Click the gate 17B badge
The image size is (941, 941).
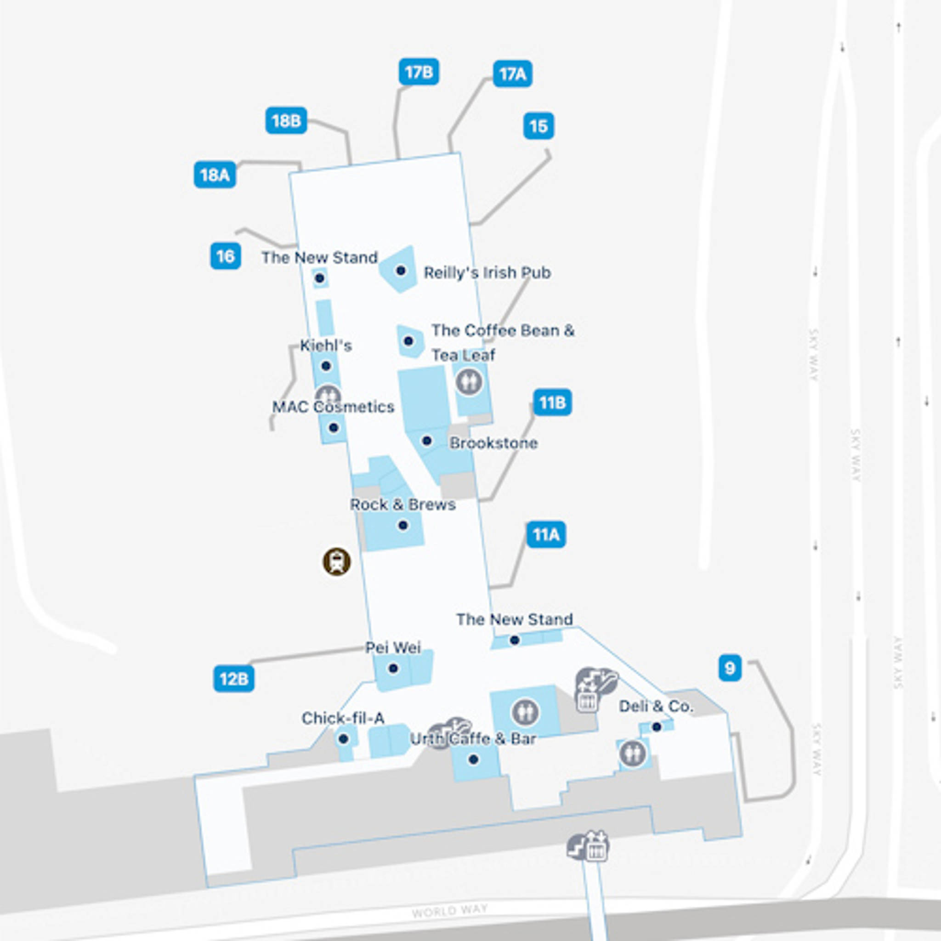point(419,72)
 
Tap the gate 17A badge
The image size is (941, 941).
point(512,74)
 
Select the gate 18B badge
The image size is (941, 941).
point(286,120)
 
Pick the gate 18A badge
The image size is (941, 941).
point(215,174)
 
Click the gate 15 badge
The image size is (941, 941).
point(538,126)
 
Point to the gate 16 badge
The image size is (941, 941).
point(225,256)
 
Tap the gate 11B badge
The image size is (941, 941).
point(552,402)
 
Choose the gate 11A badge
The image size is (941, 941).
point(546,535)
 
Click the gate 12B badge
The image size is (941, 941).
point(234,679)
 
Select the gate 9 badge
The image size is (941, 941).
point(730,668)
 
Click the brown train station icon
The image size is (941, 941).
point(336,561)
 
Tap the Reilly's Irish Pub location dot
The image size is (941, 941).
point(401,270)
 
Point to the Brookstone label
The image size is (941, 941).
point(493,443)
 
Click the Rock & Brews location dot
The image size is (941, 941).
point(403,525)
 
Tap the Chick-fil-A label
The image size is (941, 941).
point(343,718)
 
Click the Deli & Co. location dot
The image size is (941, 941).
point(657,727)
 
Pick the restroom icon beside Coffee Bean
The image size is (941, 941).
point(469,381)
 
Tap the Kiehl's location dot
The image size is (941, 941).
point(326,366)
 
